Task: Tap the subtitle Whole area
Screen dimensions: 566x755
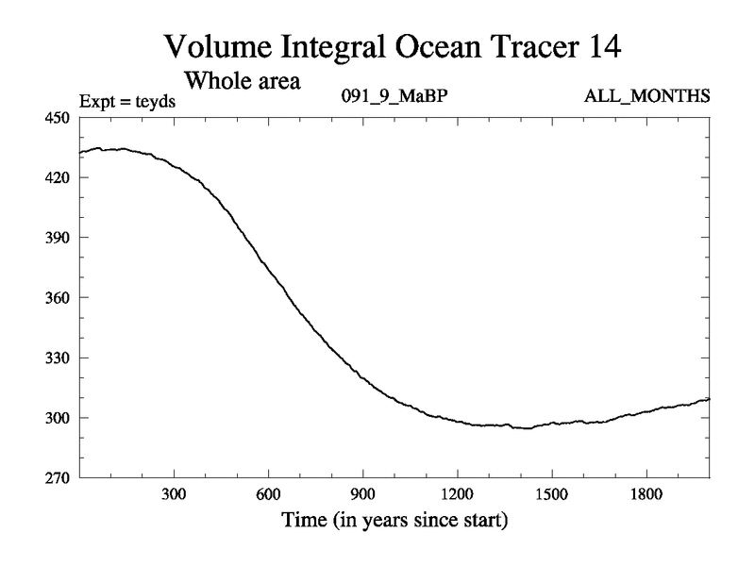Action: [243, 80]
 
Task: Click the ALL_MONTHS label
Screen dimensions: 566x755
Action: [647, 97]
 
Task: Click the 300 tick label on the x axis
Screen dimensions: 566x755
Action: [174, 494]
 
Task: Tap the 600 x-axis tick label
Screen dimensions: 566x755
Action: [268, 494]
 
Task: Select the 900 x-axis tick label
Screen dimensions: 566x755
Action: [362, 494]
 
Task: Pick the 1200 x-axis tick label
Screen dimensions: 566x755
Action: [457, 494]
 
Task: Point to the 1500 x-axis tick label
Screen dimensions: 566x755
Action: [551, 494]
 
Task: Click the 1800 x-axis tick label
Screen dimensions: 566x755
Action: [646, 494]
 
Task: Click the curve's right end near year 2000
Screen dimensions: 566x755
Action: [707, 399]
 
